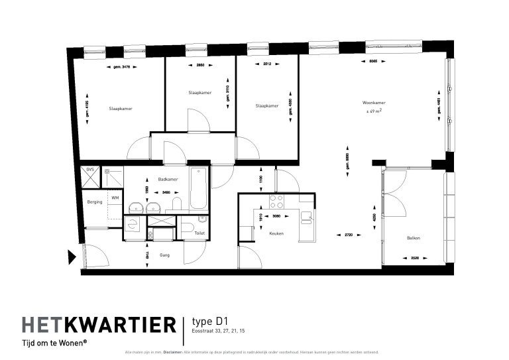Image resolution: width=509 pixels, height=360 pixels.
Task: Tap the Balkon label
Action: point(414,238)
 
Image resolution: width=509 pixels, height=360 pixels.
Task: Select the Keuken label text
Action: point(276,233)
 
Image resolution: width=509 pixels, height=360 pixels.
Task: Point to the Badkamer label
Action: point(166,180)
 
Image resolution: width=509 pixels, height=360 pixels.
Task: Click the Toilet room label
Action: point(199,233)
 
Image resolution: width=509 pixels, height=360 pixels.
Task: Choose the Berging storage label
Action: point(95,202)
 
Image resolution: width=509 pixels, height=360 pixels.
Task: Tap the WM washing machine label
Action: point(115,198)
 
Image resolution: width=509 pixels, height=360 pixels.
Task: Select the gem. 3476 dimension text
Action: point(119,66)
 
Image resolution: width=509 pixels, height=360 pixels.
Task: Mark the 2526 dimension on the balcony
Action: point(416,258)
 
